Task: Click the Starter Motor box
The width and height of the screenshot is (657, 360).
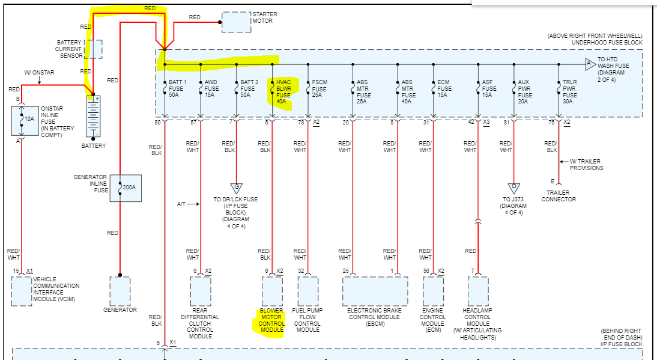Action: tap(237, 22)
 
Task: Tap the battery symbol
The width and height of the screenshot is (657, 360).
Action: tap(93, 117)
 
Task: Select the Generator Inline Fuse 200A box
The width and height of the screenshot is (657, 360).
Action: tap(125, 188)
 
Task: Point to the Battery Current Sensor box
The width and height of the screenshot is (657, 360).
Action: tap(95, 49)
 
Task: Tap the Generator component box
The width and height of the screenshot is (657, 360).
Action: tap(120, 291)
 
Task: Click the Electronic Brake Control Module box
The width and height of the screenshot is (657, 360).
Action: tap(375, 291)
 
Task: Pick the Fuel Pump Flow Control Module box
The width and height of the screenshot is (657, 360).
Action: tap(308, 291)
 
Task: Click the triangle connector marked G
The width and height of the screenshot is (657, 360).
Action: tap(236, 188)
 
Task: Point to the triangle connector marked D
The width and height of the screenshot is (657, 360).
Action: tap(513, 188)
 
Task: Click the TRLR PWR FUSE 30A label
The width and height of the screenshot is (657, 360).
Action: tap(570, 91)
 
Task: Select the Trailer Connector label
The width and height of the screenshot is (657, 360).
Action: tap(559, 196)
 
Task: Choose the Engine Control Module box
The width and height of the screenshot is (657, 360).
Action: tap(432, 291)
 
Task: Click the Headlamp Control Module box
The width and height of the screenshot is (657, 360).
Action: tap(478, 291)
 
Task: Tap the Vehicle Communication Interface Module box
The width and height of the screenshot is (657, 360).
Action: tap(22, 291)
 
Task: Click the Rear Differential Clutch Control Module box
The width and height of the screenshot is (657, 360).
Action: tap(200, 291)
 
